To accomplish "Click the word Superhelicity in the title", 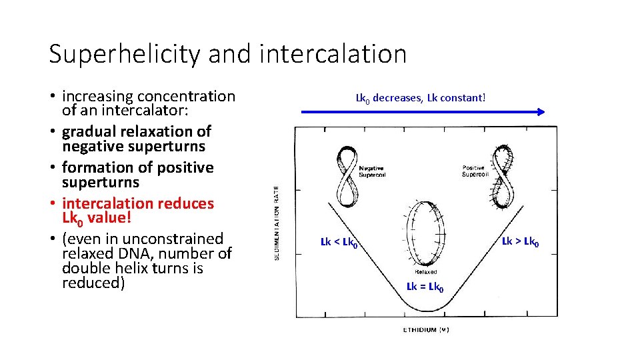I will [124, 54].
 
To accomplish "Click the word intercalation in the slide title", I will [333, 54].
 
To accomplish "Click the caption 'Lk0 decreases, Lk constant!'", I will [421, 98].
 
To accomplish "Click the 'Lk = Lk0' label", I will [425, 287].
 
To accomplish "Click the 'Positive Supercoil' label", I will [475, 171].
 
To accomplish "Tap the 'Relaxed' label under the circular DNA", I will [426, 272].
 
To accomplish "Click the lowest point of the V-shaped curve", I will [427, 311].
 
